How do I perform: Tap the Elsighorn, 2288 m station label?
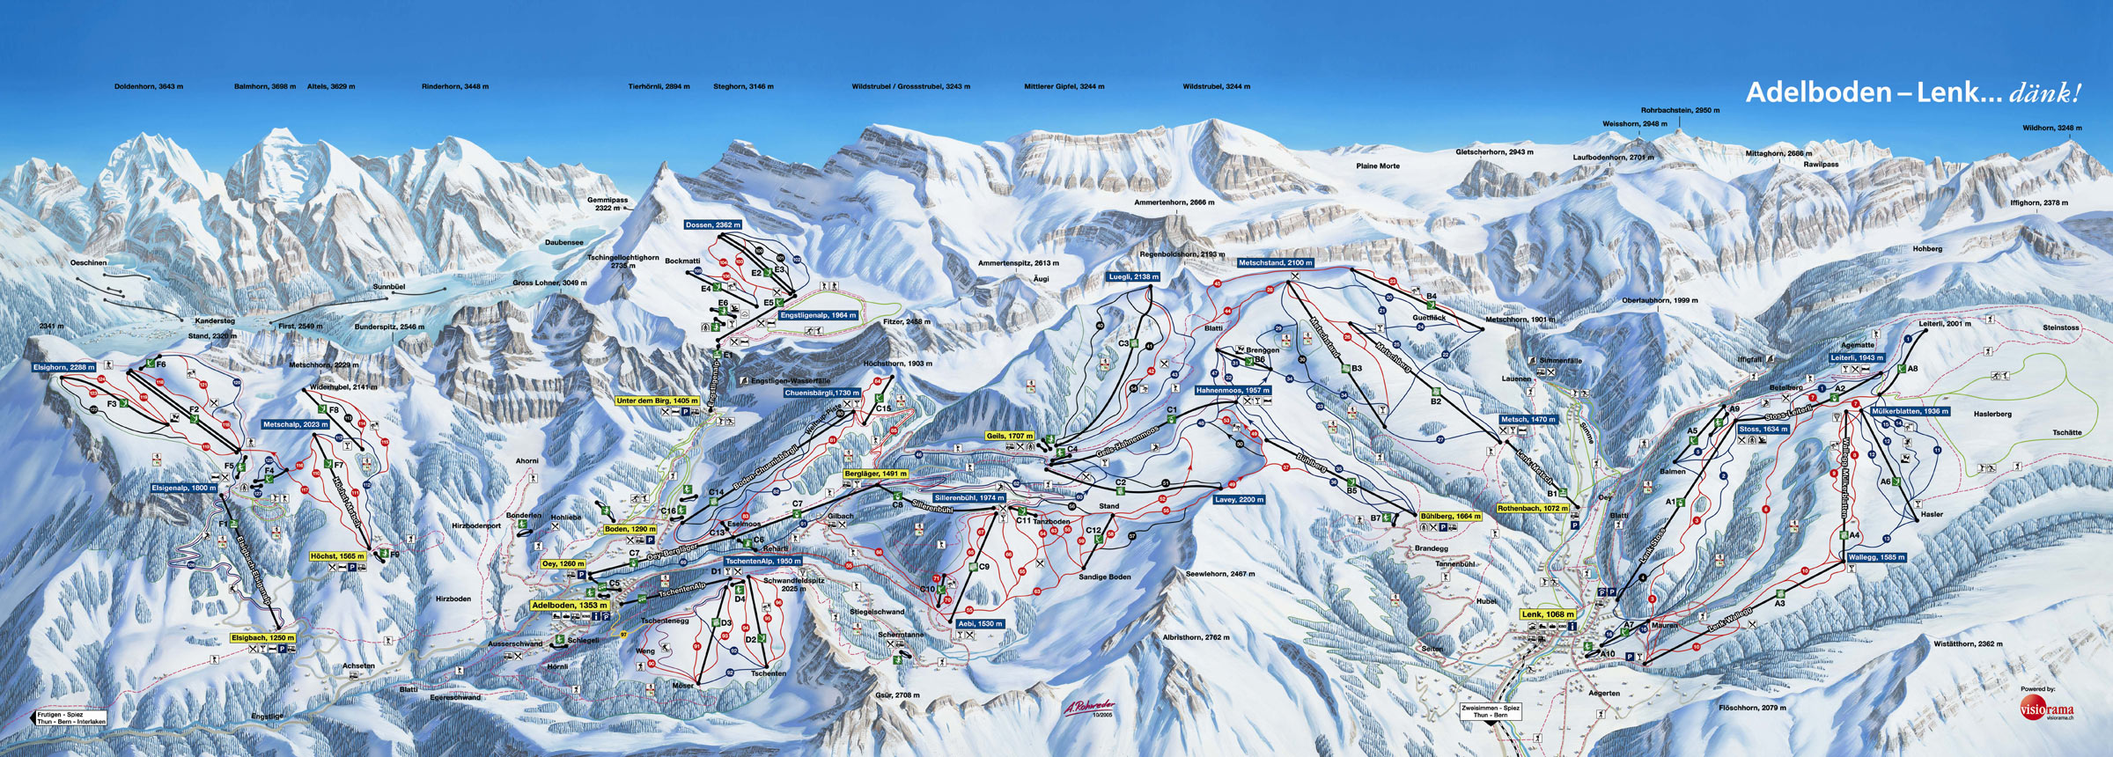[64, 367]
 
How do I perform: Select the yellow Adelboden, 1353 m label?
[570, 606]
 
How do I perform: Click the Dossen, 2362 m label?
[713, 225]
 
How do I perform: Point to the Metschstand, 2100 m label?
[1276, 263]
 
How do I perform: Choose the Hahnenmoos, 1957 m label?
[1233, 391]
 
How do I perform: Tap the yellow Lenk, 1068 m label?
[1548, 614]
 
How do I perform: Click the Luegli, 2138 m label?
[1134, 276]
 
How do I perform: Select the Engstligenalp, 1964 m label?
[819, 315]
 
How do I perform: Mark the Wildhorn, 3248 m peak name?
[2052, 129]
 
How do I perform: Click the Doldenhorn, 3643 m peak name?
[149, 87]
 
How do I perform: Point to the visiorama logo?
[2046, 709]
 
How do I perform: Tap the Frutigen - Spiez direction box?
[71, 718]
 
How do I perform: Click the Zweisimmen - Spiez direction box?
[1491, 711]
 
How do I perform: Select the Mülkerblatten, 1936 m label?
[1910, 411]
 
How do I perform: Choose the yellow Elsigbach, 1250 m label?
[263, 638]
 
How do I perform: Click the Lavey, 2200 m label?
[1240, 500]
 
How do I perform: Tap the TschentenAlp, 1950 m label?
[763, 561]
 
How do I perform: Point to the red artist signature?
[1089, 707]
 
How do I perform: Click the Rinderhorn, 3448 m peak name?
[455, 87]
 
